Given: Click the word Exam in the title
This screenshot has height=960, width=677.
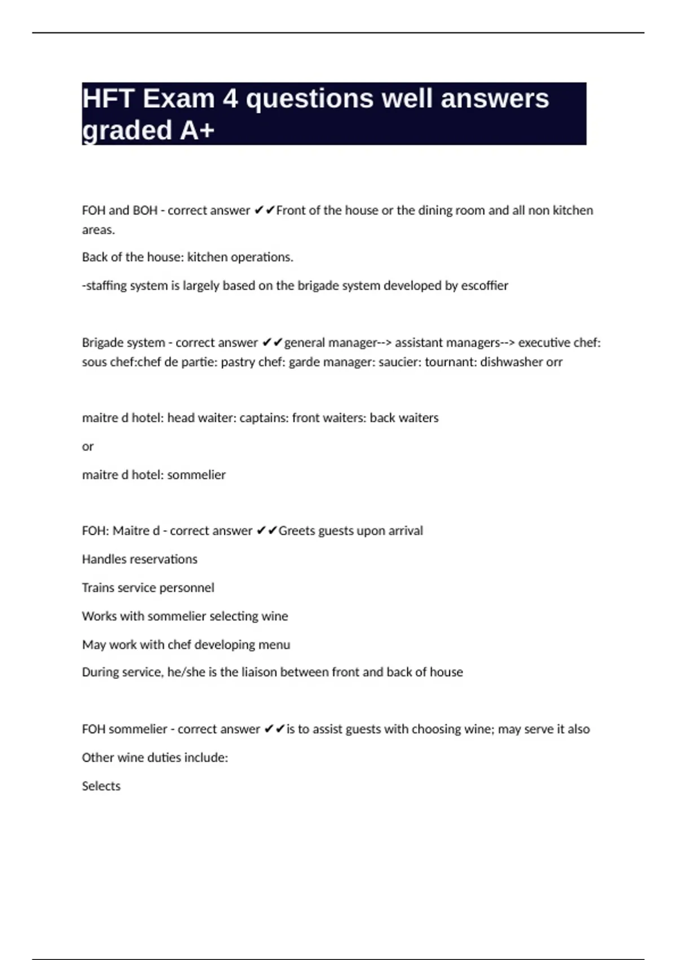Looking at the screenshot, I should click(178, 99).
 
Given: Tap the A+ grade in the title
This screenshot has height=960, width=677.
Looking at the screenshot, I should click(197, 130).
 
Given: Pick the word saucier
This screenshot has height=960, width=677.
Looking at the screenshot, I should click(399, 362).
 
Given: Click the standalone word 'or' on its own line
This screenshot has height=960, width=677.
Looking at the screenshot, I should click(87, 447).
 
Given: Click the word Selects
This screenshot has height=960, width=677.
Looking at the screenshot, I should click(101, 786).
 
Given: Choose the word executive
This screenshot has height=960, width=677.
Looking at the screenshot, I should click(543, 343).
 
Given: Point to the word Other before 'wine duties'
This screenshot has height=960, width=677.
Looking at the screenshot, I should click(98, 758).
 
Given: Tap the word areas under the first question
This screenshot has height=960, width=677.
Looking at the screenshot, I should click(98, 230).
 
